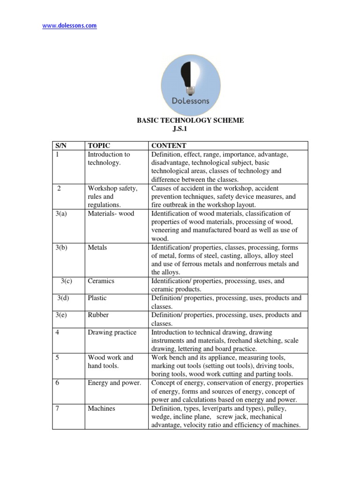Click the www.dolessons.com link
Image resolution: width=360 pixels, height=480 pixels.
pyautogui.click(x=69, y=26)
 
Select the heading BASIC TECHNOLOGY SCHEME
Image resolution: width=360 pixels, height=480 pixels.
pyautogui.click(x=190, y=120)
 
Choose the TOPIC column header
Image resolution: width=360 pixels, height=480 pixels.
pyautogui.click(x=98, y=146)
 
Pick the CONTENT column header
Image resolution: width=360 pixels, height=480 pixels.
pyautogui.click(x=168, y=146)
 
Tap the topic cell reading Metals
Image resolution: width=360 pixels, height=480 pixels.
pyautogui.click(x=97, y=247)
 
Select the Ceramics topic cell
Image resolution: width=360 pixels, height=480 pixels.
pyautogui.click(x=101, y=281)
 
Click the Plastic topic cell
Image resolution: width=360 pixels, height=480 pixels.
pyautogui.click(x=97, y=298)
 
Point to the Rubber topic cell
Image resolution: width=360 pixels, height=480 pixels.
pyautogui.click(x=98, y=315)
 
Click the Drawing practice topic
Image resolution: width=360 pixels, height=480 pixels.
pyautogui.click(x=112, y=332)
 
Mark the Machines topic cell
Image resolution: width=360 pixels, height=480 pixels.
pyautogui.click(x=101, y=408)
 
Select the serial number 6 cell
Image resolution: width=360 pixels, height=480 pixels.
pyautogui.click(x=58, y=383)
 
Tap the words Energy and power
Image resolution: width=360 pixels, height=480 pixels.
pyautogui.click(x=114, y=383)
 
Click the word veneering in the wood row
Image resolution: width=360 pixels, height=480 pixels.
pyautogui.click(x=165, y=230)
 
